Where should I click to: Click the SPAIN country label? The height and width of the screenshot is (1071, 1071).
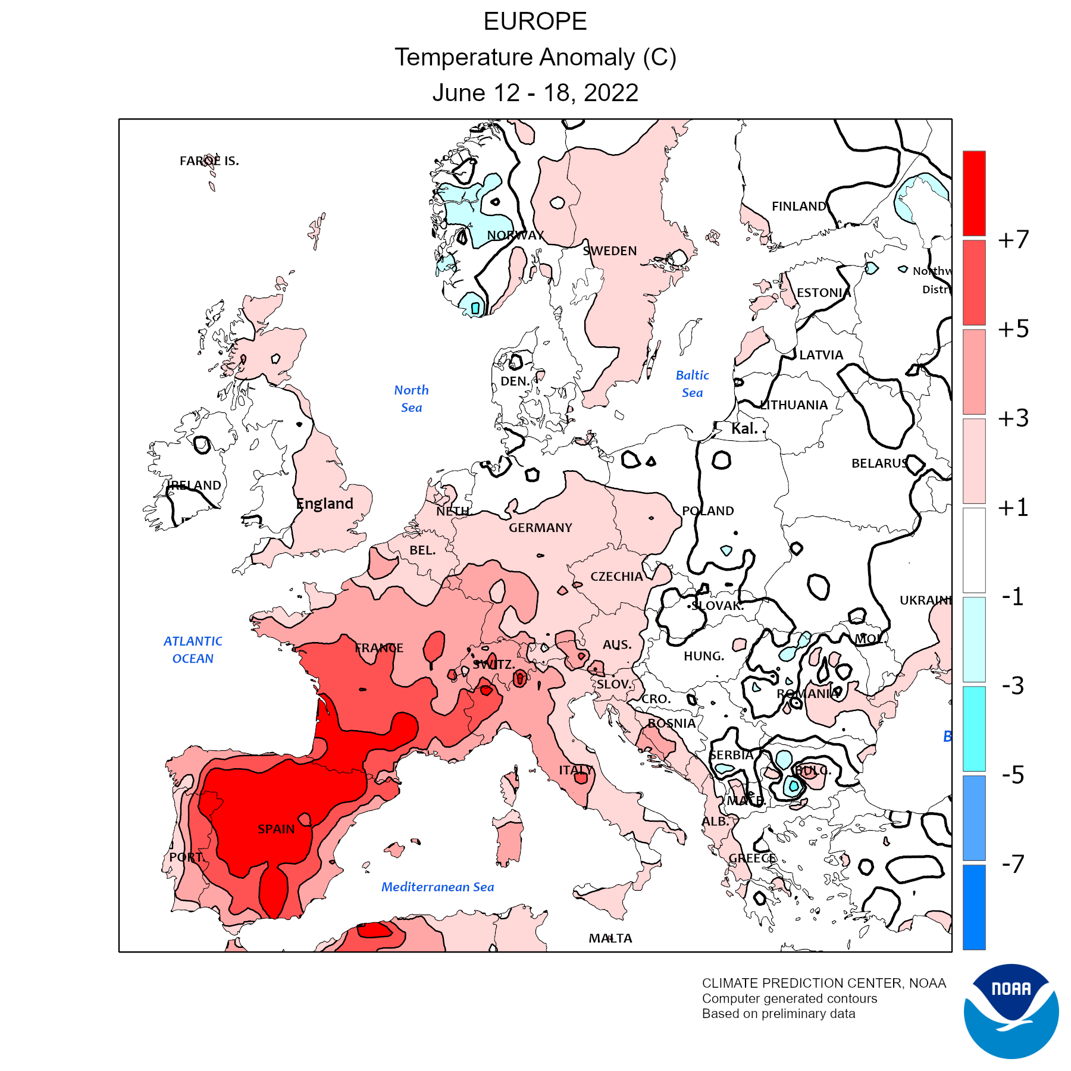(276, 829)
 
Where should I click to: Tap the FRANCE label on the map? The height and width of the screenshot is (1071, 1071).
(379, 648)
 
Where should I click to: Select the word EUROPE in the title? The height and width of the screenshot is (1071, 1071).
(535, 22)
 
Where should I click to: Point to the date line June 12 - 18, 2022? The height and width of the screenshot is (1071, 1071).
(535, 93)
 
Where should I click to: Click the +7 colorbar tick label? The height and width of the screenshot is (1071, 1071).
(1013, 240)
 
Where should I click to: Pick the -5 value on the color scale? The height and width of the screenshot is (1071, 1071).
(1013, 775)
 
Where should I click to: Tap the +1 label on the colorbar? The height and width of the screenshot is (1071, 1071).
(1013, 508)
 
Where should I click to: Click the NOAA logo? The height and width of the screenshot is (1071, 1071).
(1011, 1011)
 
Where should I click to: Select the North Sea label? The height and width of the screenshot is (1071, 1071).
(411, 399)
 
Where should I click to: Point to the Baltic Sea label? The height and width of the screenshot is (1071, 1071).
(693, 384)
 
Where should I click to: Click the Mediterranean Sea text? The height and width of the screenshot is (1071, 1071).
(437, 887)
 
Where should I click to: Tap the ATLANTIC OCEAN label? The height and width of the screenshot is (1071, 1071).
(193, 650)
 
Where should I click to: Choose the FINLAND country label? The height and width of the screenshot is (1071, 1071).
(798, 206)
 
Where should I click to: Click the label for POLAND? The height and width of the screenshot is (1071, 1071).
(708, 511)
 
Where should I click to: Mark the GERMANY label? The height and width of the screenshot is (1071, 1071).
(540, 528)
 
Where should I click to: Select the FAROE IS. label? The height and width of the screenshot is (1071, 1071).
(209, 161)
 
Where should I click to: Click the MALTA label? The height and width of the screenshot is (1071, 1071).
(610, 938)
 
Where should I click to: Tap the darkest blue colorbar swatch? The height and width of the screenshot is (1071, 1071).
(974, 907)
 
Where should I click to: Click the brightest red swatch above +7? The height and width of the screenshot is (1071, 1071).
(974, 193)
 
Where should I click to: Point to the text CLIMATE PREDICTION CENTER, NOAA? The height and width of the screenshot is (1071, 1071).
(823, 983)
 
